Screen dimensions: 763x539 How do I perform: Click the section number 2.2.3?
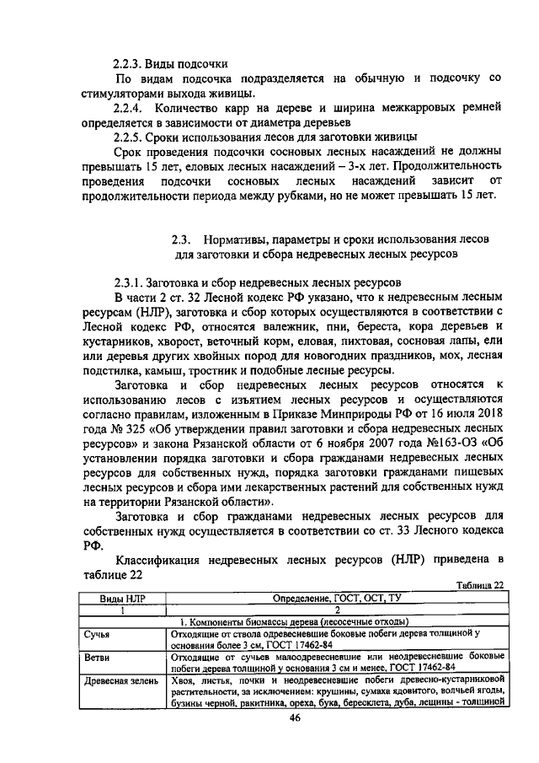coord(128,64)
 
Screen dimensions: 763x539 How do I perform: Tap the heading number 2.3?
coord(184,240)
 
